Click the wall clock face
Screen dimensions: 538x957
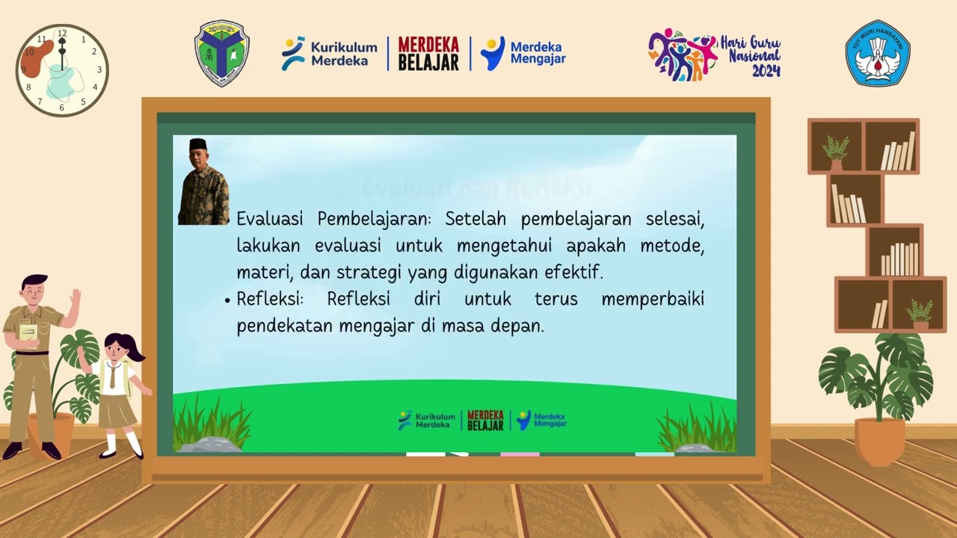pos(62,70)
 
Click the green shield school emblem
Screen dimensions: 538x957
pos(222,53)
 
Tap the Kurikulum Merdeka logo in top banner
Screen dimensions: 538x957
pos(329,53)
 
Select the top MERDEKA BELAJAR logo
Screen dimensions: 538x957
pos(428,54)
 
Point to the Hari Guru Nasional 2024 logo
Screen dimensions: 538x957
pos(714,55)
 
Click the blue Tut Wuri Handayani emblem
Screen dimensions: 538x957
pos(878,53)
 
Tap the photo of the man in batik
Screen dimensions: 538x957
pos(203,182)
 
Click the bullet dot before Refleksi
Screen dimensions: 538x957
pos(227,300)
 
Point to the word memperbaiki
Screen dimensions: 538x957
pos(653,299)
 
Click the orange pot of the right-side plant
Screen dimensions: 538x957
pos(880,441)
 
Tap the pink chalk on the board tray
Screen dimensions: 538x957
pos(520,454)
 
